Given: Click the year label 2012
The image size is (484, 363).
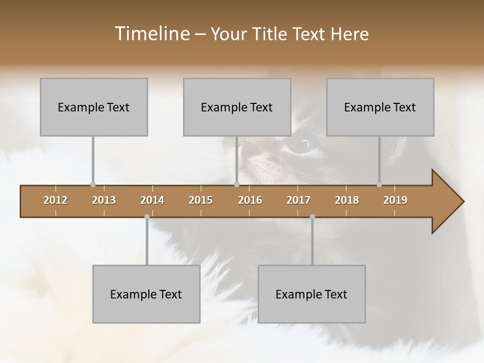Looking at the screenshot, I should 55,200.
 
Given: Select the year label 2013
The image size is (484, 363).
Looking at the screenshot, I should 104,200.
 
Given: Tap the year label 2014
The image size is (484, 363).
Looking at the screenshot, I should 152,200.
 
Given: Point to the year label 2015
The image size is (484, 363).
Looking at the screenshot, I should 201,200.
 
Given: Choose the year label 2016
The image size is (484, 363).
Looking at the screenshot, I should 250,200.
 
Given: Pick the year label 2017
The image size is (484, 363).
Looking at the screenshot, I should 298,200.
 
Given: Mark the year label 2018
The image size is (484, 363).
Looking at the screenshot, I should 347,200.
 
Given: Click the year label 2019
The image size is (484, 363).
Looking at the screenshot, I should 395,200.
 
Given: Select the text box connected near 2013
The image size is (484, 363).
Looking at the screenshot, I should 94,107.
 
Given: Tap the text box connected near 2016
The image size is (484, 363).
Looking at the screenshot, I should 237,107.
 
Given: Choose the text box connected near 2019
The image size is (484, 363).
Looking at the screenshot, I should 380,107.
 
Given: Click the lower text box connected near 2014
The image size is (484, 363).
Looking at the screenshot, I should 146,294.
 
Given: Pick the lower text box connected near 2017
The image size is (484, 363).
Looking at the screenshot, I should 312,294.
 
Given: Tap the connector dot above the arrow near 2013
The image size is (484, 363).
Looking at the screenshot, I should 93,185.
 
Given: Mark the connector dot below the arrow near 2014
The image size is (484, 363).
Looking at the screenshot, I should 147,217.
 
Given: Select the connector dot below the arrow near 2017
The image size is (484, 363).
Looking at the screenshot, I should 312,217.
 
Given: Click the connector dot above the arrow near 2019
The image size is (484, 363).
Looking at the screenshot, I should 379,185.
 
